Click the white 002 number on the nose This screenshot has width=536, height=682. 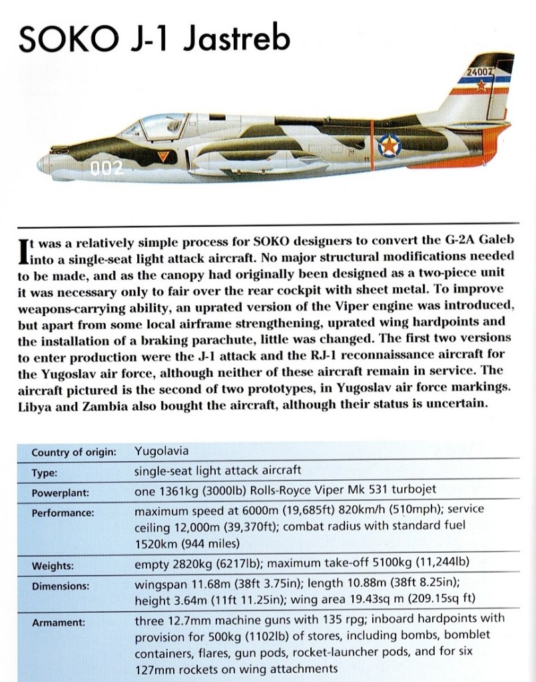click(x=107, y=167)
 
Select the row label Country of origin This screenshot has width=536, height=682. click(x=74, y=451)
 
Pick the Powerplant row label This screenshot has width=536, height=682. click(x=60, y=494)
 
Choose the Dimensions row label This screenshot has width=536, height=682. click(x=61, y=587)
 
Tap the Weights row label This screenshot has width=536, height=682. click(x=53, y=566)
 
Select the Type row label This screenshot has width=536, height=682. click(x=44, y=473)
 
